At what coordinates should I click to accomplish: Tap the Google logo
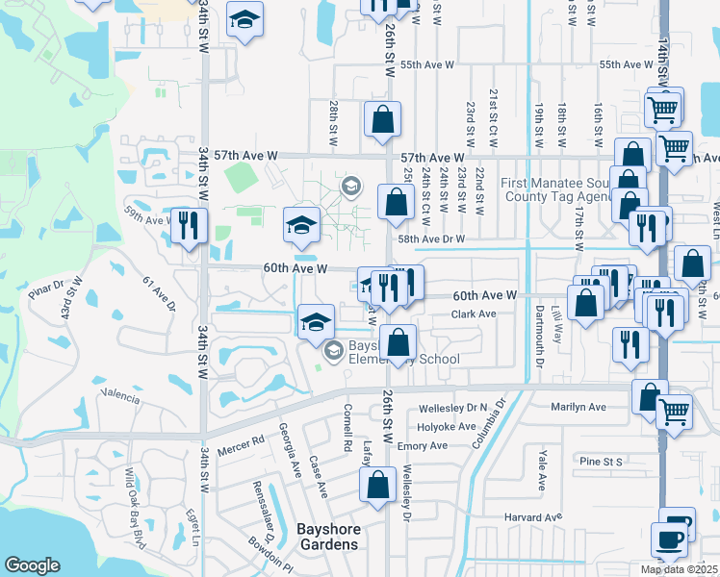pyautogui.click(x=33, y=565)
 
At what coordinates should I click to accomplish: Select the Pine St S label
pyautogui.click(x=604, y=462)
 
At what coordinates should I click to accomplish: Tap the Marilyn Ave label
pyautogui.click(x=579, y=407)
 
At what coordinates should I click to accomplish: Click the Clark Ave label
pyautogui.click(x=474, y=314)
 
